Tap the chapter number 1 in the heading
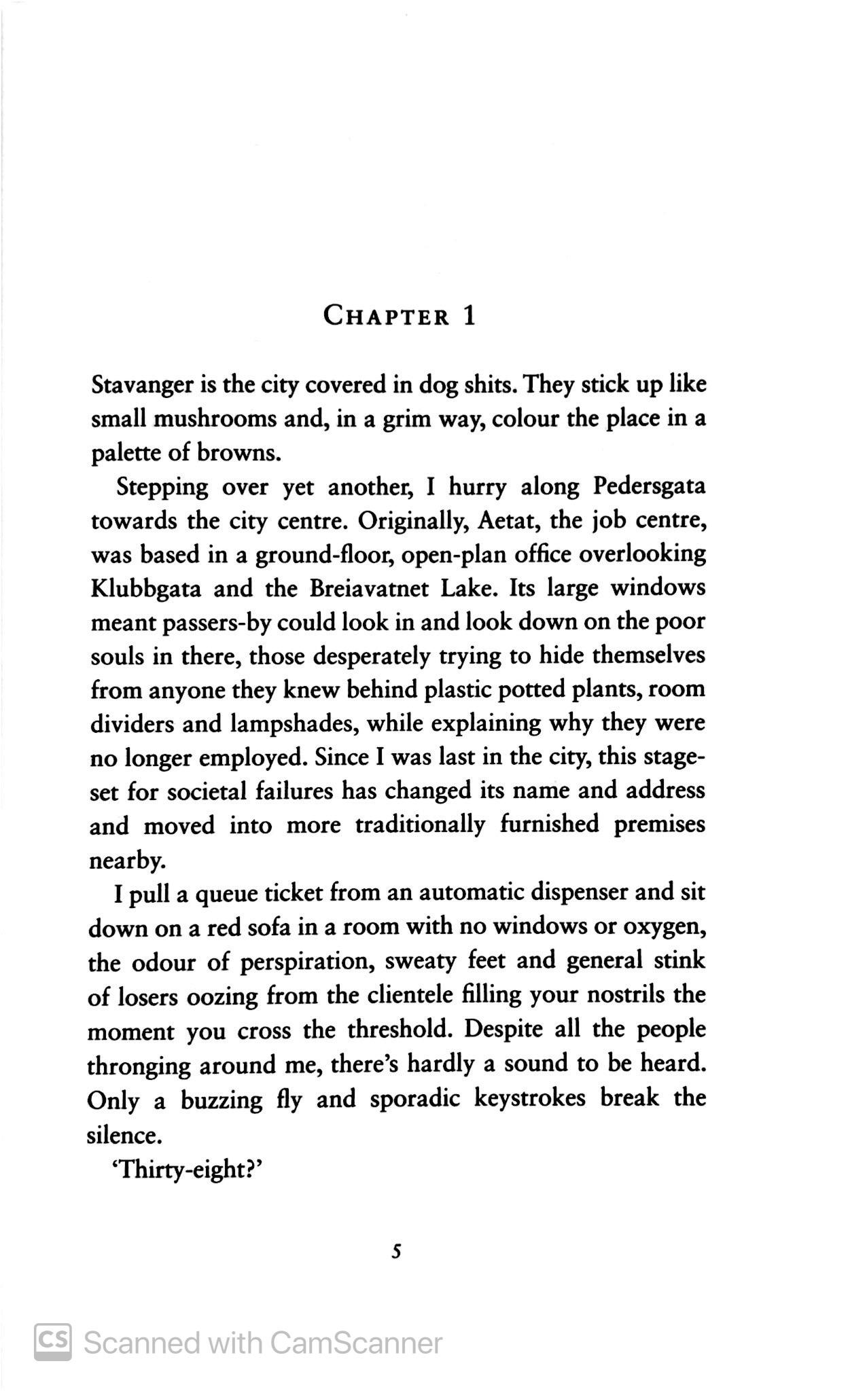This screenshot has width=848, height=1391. pos(469,316)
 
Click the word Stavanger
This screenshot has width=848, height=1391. pos(143,386)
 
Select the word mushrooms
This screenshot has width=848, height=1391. pos(215,418)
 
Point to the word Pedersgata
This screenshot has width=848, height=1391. pos(649,486)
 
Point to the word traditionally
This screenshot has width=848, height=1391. pos(420,825)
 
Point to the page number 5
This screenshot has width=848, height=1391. pos(397,1251)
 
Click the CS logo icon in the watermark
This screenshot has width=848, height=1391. pos(53,1342)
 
